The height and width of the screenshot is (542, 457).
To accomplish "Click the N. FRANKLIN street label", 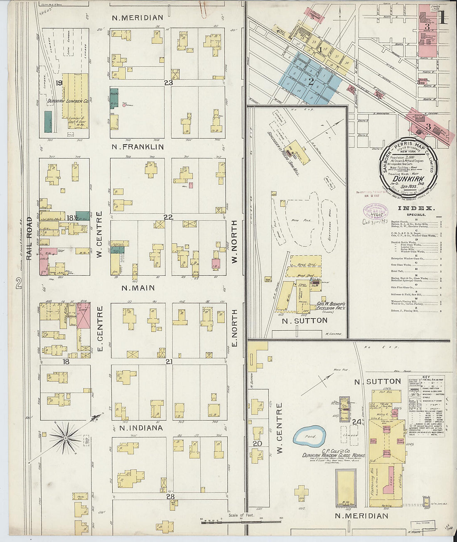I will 138,147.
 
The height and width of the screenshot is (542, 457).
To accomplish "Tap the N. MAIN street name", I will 138,288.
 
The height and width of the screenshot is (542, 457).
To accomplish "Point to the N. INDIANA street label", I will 141,428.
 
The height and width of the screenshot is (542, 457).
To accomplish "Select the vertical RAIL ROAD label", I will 29,239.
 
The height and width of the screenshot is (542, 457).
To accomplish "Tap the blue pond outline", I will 310,437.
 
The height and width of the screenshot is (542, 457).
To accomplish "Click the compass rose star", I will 65,437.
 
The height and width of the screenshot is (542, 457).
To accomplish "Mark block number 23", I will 168,83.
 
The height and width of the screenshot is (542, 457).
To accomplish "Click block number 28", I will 170,496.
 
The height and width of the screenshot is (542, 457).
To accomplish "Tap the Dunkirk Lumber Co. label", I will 67,101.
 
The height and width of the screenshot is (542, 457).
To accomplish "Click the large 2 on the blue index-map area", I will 310,82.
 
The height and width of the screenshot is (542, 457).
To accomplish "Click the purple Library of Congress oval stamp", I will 375,211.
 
